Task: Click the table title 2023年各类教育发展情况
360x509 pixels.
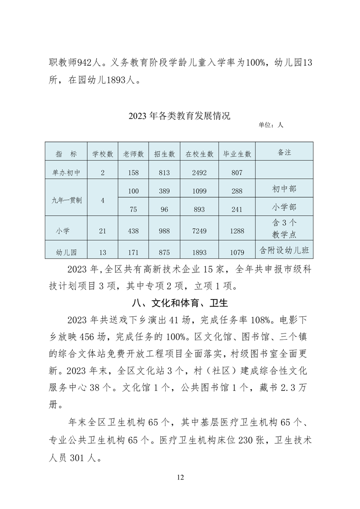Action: coord(179,116)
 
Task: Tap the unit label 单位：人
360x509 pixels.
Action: coord(271,125)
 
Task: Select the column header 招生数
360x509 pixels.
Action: coord(164,154)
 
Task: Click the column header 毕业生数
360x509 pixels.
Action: coord(237,154)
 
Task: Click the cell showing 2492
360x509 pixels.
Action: coord(199,173)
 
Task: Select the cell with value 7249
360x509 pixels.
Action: coord(199,231)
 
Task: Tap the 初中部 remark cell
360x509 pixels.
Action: coord(284,188)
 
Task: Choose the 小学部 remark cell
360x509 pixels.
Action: coord(284,207)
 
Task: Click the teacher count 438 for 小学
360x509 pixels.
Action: coord(133,231)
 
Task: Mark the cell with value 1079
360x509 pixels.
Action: coord(237,252)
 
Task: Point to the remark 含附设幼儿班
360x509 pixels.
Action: coord(285,250)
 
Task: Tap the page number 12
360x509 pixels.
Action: coord(180,477)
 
